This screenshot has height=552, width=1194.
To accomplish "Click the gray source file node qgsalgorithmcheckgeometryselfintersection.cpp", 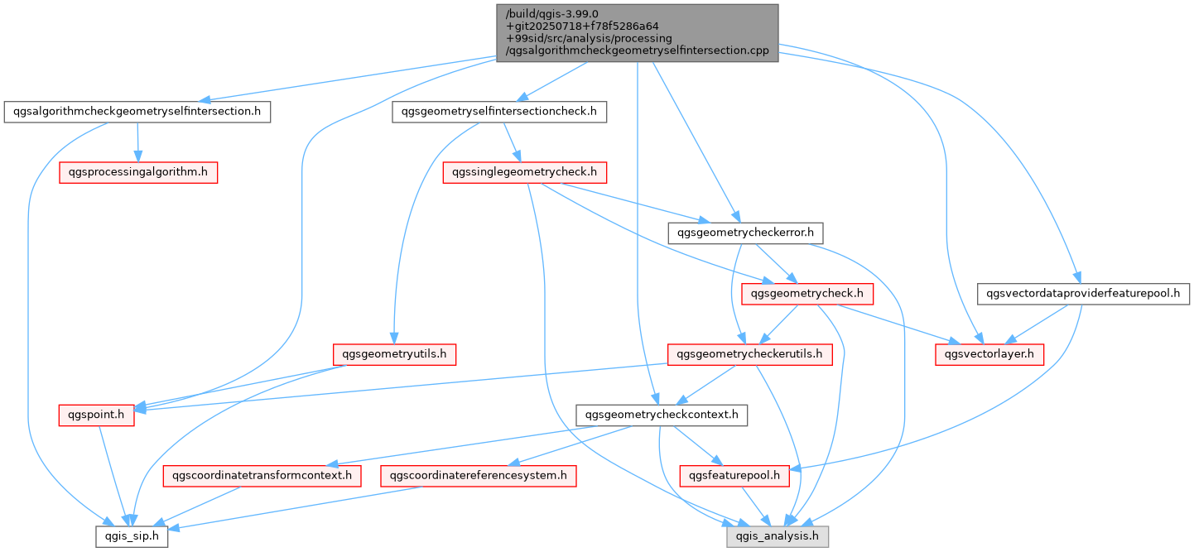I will pyautogui.click(x=637, y=32).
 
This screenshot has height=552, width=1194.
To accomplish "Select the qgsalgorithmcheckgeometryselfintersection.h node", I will pyautogui.click(x=137, y=111).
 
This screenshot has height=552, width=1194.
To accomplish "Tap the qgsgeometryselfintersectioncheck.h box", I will pyautogui.click(x=500, y=111).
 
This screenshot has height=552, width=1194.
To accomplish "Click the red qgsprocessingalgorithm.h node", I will pyautogui.click(x=137, y=172).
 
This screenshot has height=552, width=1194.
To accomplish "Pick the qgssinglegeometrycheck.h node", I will pyautogui.click(x=525, y=172).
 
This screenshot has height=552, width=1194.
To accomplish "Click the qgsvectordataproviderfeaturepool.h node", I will pyautogui.click(x=1084, y=293).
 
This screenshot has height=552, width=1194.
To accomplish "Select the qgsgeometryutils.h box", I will pyautogui.click(x=394, y=354).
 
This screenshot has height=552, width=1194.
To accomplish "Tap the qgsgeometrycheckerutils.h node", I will pyautogui.click(x=749, y=354).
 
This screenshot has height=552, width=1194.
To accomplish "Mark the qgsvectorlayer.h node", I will pyautogui.click(x=989, y=354).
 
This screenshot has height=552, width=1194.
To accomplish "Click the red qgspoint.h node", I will pyautogui.click(x=96, y=415).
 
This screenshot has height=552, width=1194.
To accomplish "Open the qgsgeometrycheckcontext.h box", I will pyautogui.click(x=662, y=415).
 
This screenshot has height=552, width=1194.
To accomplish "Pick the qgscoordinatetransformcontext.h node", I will pyautogui.click(x=262, y=476).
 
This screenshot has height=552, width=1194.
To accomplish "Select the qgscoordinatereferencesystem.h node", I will pyautogui.click(x=478, y=476).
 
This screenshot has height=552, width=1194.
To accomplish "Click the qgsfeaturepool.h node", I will pyautogui.click(x=734, y=476).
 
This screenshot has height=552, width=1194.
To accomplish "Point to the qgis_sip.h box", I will pyautogui.click(x=132, y=536).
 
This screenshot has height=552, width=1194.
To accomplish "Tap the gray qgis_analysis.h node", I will pyautogui.click(x=778, y=536).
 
